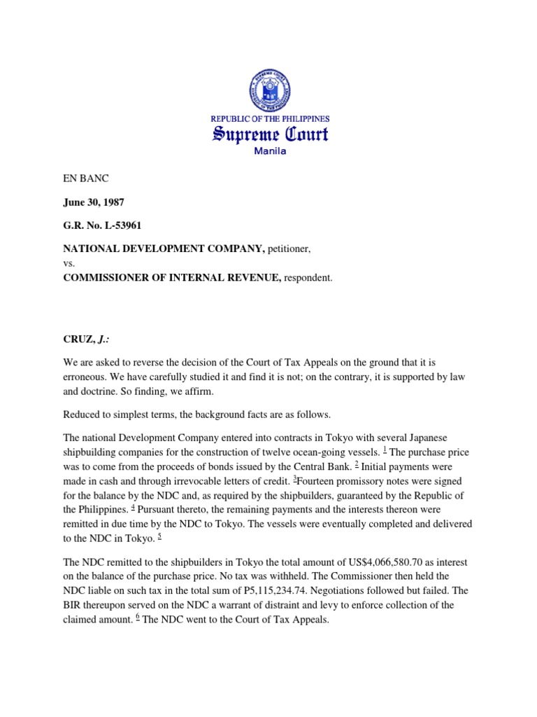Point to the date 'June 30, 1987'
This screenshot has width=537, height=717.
[95, 202]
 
